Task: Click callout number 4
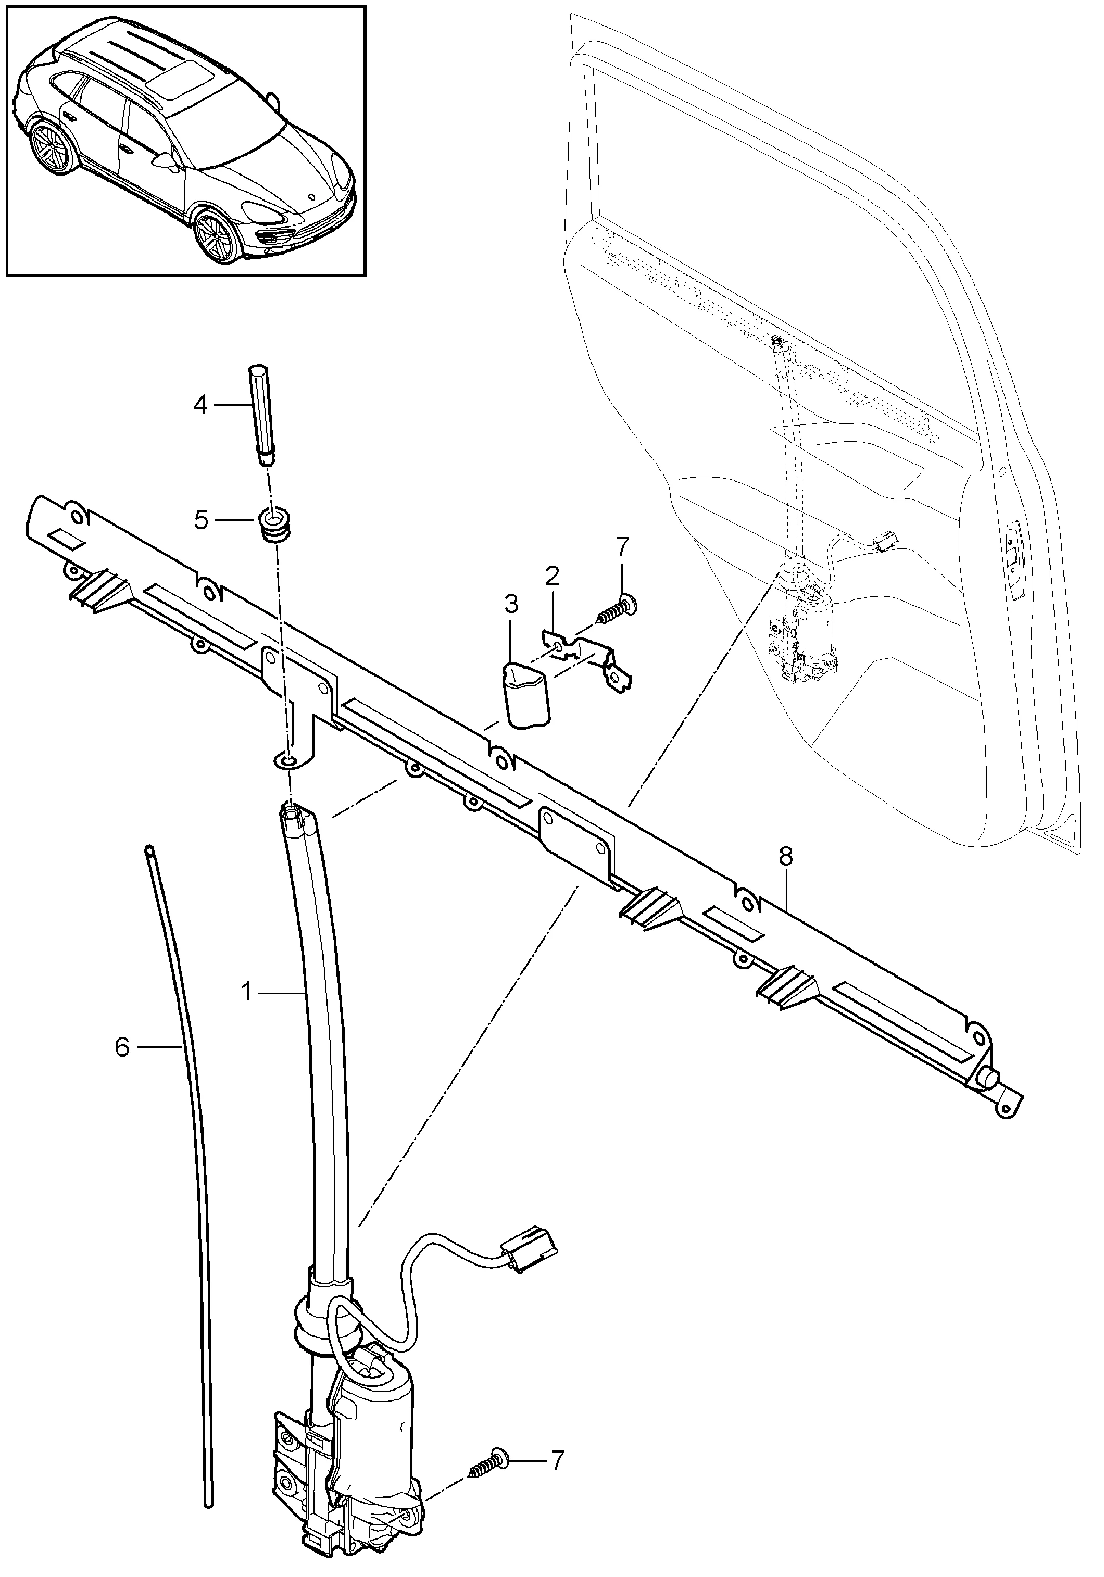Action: (x=200, y=405)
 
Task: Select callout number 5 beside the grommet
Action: (x=200, y=520)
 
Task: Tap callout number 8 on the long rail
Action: (x=786, y=857)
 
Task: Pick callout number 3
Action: (x=511, y=605)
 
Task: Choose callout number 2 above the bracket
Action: (x=553, y=576)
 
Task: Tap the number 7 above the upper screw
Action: (x=622, y=547)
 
